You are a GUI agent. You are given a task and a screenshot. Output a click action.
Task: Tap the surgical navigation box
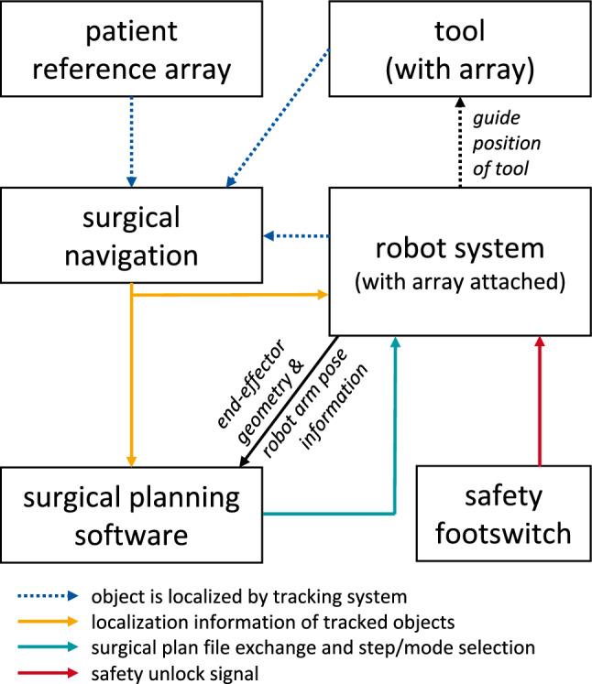click(132, 235)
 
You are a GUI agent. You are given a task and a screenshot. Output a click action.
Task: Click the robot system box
click(458, 261)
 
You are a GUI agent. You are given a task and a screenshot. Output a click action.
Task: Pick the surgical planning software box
click(132, 514)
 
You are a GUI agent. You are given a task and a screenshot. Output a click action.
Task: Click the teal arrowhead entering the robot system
click(395, 342)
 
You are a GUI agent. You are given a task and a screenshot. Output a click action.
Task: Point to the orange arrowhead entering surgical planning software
click(132, 457)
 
